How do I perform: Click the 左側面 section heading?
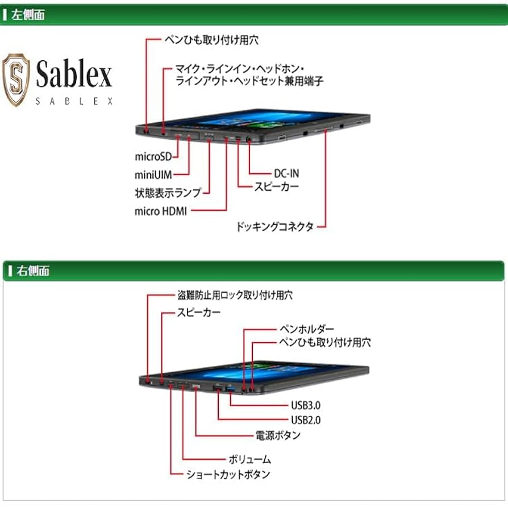(x=27, y=15)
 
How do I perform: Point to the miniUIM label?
(x=153, y=174)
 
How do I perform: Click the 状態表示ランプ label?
(x=168, y=193)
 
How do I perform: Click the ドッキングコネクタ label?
(x=275, y=227)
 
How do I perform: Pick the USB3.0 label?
(x=306, y=406)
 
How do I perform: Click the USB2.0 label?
(x=306, y=420)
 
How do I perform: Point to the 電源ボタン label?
(x=278, y=436)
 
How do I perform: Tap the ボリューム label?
(x=249, y=459)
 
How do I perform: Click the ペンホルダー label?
(x=306, y=329)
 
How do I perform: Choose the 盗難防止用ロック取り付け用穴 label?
(x=235, y=295)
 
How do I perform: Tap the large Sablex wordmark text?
(x=74, y=74)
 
